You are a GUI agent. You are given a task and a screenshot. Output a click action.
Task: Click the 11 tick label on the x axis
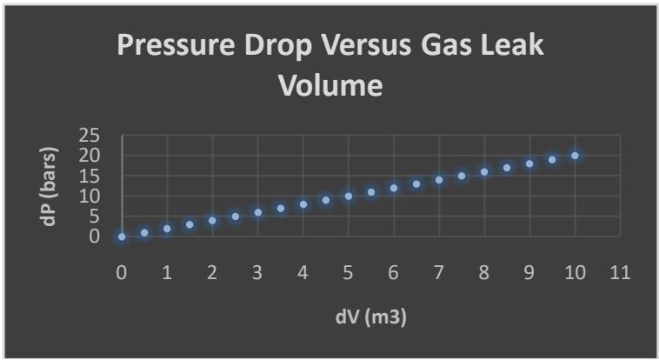[x=619, y=274]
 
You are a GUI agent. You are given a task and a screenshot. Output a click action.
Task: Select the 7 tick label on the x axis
[x=438, y=274]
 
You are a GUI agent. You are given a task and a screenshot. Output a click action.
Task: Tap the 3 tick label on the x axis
[x=257, y=274]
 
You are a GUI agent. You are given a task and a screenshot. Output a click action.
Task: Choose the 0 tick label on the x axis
[x=122, y=274]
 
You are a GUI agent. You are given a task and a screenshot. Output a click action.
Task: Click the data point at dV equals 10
[x=575, y=156]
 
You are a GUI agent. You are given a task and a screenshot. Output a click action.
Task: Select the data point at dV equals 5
[x=348, y=197]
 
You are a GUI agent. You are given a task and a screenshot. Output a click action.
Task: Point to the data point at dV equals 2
[x=212, y=221]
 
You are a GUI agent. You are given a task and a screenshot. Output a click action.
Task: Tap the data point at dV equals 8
[x=483, y=172]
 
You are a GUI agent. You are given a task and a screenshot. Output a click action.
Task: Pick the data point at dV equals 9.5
[x=552, y=160]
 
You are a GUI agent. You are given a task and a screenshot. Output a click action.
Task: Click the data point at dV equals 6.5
[x=416, y=184]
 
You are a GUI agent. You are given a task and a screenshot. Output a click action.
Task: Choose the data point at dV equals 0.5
[x=144, y=233]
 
